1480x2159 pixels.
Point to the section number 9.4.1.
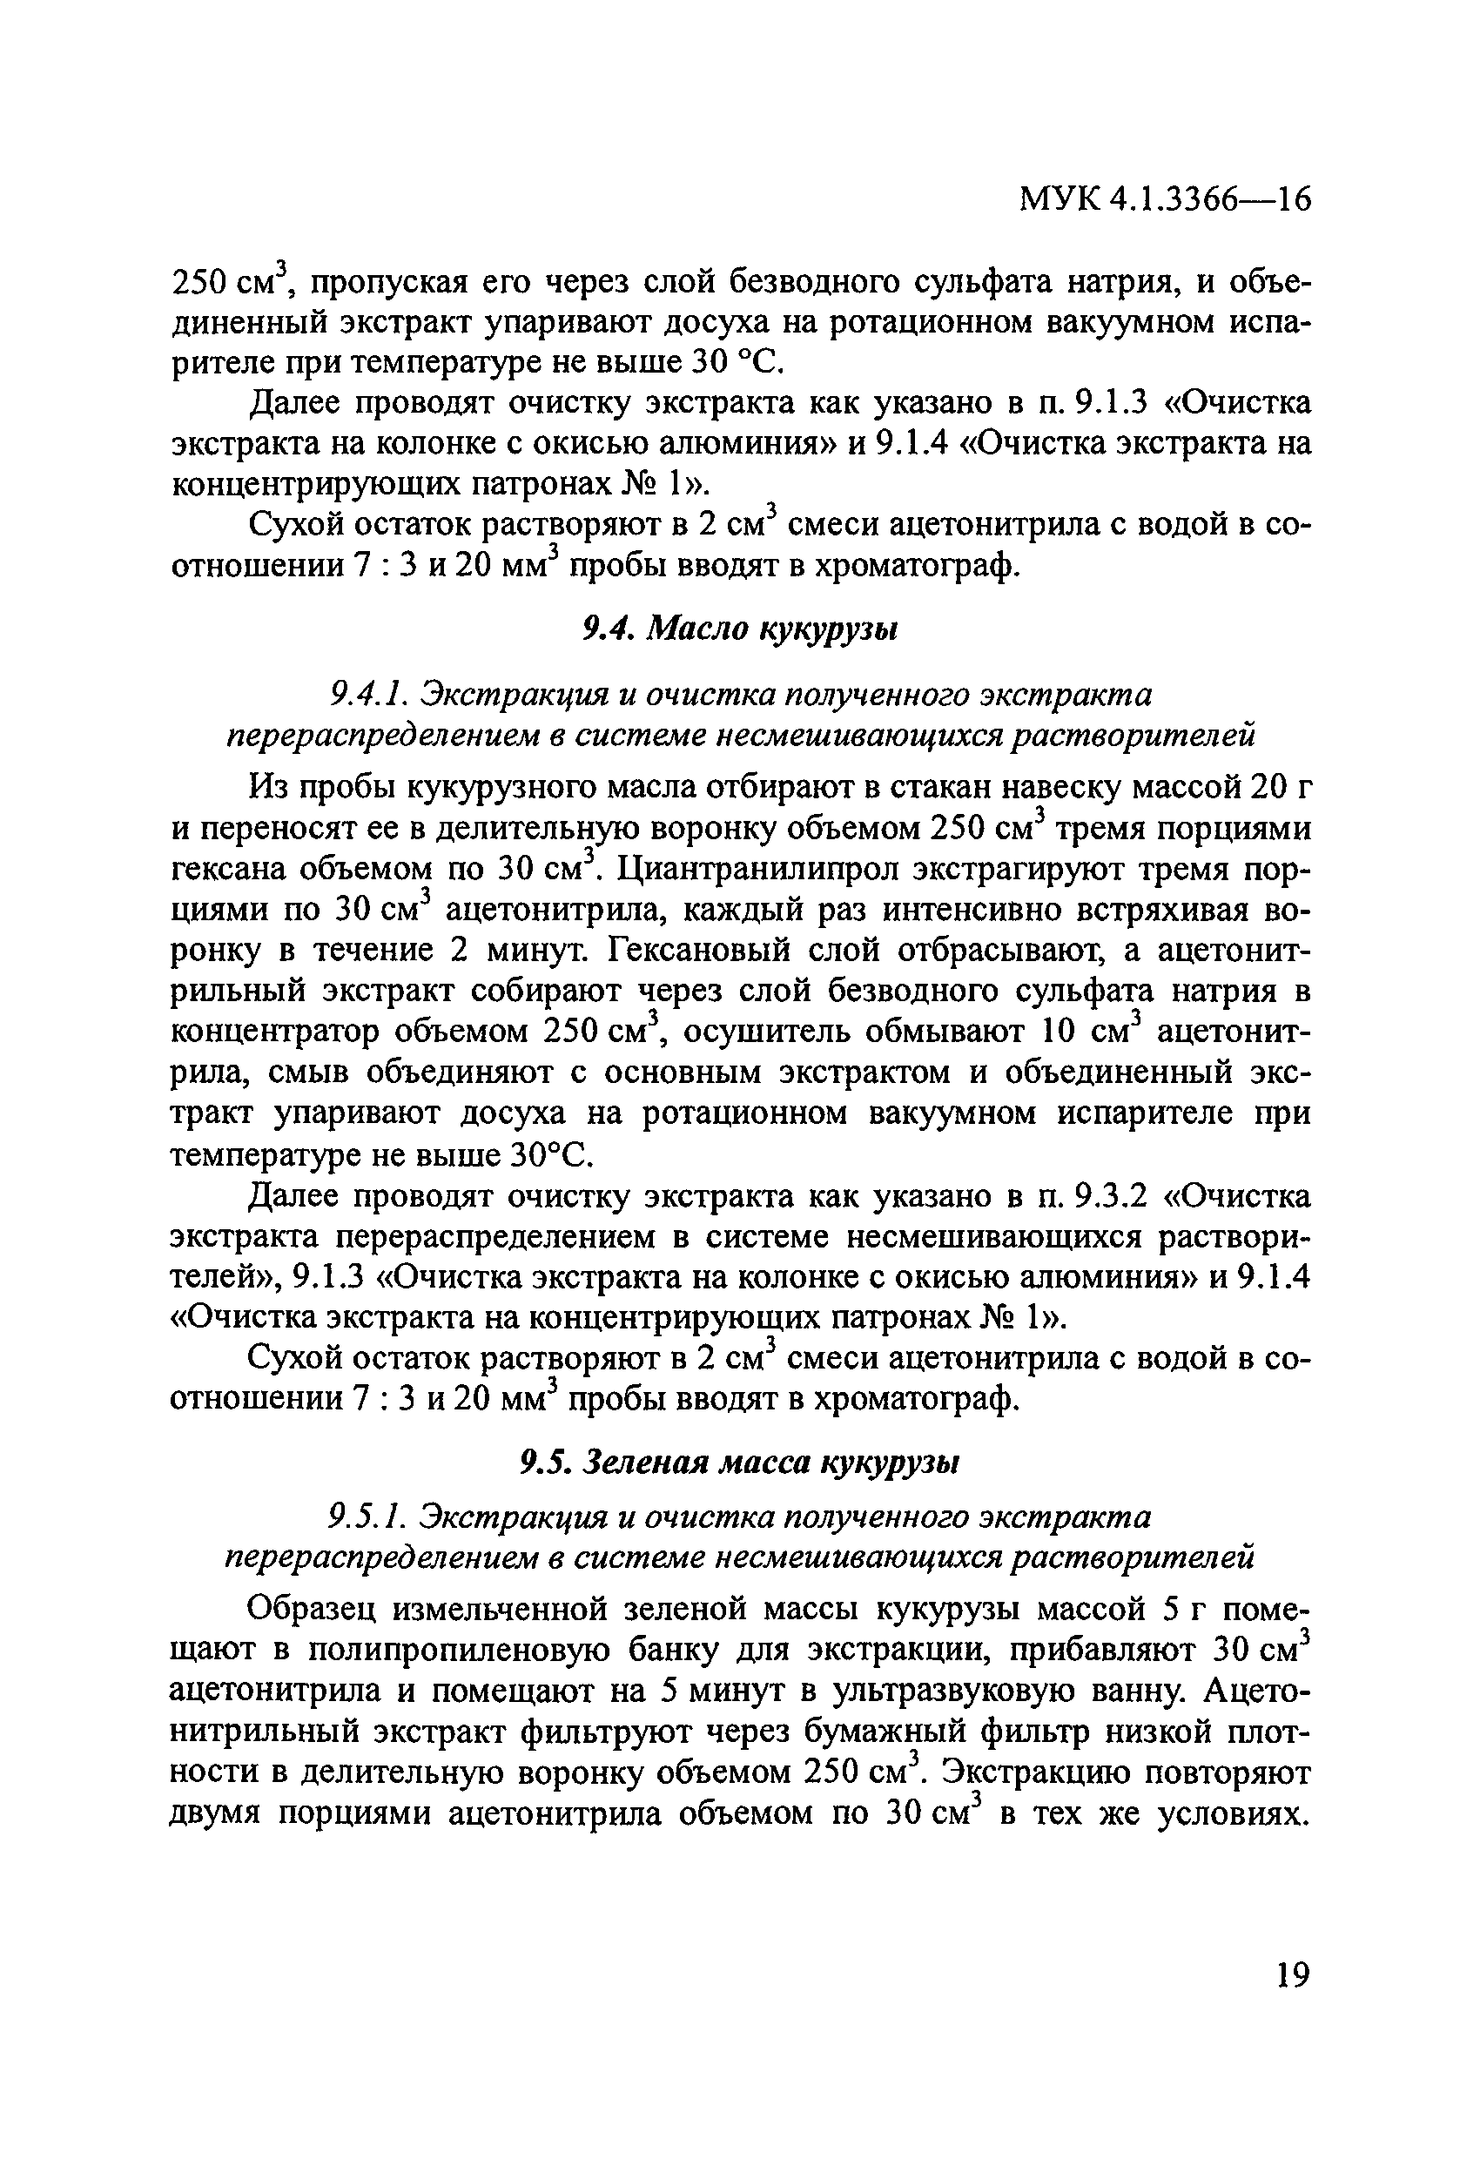click(x=367, y=694)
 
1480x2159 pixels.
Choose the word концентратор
click(x=274, y=1032)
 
